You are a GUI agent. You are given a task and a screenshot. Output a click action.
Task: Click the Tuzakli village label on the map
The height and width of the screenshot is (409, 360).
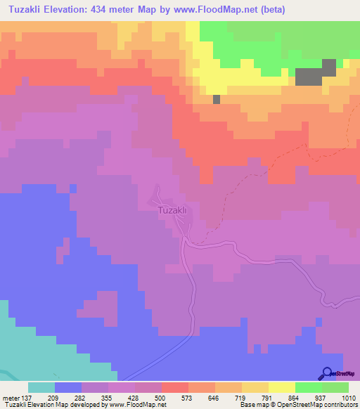point(171,210)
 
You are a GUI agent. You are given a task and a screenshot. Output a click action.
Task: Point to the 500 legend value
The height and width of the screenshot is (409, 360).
point(161,397)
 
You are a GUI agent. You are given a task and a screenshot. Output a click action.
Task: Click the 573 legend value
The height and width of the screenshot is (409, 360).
point(188,397)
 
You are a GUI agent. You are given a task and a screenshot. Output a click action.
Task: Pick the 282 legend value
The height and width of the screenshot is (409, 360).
point(81,397)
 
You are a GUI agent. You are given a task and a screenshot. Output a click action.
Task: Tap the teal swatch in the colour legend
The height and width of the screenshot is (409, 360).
point(41,387)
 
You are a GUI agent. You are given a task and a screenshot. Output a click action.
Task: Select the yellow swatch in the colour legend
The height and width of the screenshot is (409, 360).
point(281,387)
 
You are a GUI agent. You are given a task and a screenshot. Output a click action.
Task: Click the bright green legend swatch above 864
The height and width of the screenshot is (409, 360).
point(308,387)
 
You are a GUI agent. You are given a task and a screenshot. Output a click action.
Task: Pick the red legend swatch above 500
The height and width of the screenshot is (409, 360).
point(174,387)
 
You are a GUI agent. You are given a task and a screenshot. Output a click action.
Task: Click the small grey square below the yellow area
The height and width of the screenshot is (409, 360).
point(217,99)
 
